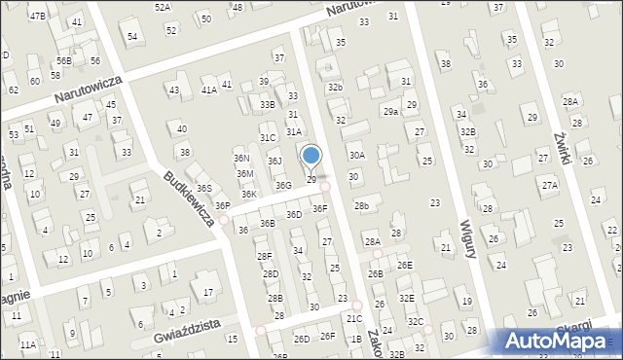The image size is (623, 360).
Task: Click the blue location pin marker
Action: tap(311, 156)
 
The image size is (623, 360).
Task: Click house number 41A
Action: tap(208, 90)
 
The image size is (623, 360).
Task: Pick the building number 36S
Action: tap(203, 188)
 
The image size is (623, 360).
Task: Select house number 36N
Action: tap(242, 159)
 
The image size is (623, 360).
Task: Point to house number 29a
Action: tap(390, 112)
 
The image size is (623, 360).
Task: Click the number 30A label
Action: tap(357, 155)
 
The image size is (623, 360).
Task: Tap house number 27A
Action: tap(550, 185)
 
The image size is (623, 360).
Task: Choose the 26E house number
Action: tap(404, 265)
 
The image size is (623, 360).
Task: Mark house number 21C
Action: tap(353, 318)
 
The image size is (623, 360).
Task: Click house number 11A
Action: tap(28, 344)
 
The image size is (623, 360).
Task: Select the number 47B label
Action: tap(37, 17)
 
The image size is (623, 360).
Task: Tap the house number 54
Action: tap(132, 37)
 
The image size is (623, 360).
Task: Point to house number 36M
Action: tap(245, 173)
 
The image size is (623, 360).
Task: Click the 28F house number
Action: tap(264, 256)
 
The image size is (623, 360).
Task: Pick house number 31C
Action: tap(267, 138)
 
